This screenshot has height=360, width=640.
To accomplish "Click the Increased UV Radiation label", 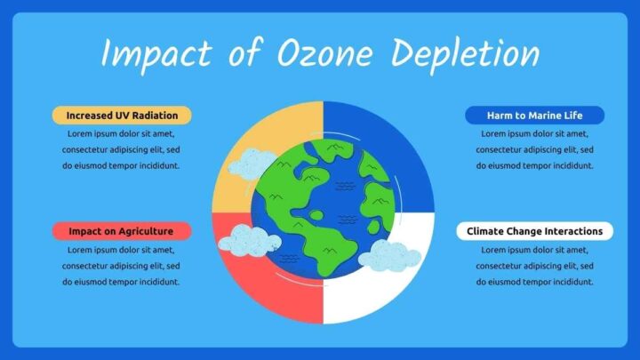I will click(122, 116).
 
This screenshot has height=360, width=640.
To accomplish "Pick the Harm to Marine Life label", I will click(534, 116).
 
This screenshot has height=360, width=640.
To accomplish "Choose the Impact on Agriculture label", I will click(121, 231).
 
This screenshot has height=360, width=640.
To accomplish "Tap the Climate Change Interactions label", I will click(534, 231).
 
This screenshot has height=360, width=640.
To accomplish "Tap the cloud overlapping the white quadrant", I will click(389, 256).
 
